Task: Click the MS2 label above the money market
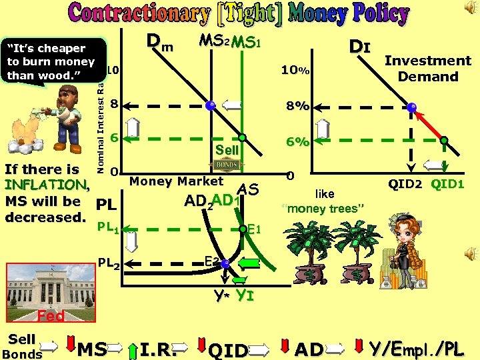[215, 43]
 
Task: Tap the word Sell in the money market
[227, 151]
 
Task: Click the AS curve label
[249, 190]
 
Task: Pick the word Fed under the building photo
[50, 315]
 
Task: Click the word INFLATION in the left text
[45, 185]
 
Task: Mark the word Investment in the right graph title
[427, 61]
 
